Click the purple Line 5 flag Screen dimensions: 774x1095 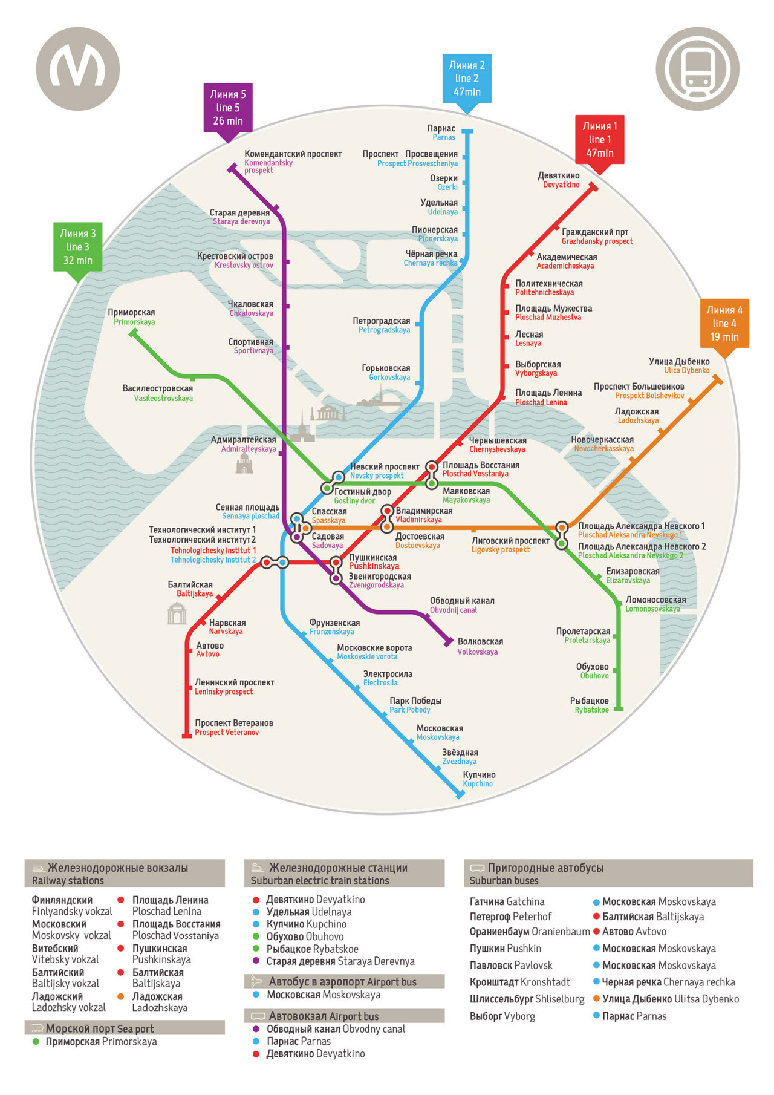(227, 108)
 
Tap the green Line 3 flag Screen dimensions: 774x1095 (77, 247)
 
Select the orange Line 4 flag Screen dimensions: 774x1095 (724, 324)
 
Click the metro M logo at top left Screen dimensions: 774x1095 (78, 68)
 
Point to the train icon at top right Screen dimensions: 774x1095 (697, 68)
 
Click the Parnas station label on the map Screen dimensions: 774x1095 (441, 132)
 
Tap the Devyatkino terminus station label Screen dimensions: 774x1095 (559, 180)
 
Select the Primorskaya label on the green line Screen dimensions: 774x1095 (132, 317)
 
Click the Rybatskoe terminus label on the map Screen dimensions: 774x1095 (590, 705)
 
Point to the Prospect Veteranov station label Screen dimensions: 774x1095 (233, 727)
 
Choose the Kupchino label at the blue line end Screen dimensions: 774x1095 (479, 779)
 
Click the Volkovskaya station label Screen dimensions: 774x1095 (480, 646)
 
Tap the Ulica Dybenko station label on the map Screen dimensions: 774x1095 (679, 365)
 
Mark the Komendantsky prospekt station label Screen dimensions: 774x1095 (292, 161)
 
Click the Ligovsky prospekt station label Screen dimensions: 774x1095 (510, 544)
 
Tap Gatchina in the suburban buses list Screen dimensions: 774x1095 (507, 901)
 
